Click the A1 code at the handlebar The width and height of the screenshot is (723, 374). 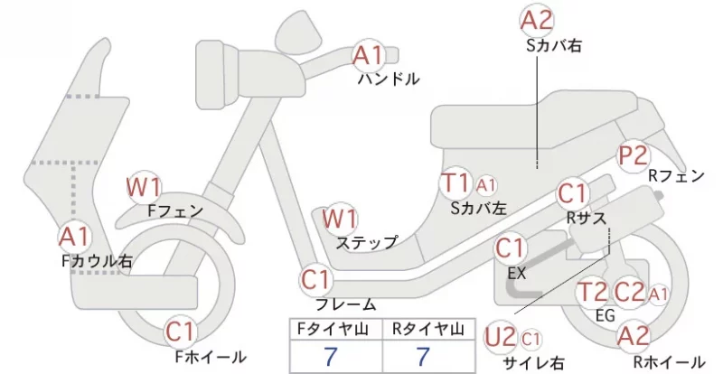pyautogui.click(x=369, y=56)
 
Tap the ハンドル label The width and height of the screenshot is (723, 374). pyautogui.click(x=390, y=79)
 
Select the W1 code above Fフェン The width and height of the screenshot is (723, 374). pyautogui.click(x=144, y=187)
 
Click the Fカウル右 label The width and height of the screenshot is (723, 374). pyautogui.click(x=98, y=261)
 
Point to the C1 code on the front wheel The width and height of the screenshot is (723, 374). pyautogui.click(x=182, y=332)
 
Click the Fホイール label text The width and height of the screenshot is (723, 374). pyautogui.click(x=211, y=357)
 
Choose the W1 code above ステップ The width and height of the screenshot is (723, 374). pyautogui.click(x=340, y=219)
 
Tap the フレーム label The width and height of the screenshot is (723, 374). pyautogui.click(x=346, y=304)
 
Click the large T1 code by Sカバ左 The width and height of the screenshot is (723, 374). pyautogui.click(x=455, y=182)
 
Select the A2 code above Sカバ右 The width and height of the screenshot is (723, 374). pyautogui.click(x=537, y=21)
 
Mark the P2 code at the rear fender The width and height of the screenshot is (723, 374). pyautogui.click(x=634, y=155)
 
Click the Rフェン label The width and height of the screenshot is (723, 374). pyautogui.click(x=676, y=175)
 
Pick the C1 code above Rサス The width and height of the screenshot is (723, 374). pyautogui.click(x=572, y=193)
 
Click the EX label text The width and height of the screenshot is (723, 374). pyautogui.click(x=516, y=274)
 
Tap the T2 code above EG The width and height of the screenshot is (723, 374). pyautogui.click(x=592, y=292)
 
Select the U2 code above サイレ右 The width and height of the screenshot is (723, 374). pyautogui.click(x=501, y=337)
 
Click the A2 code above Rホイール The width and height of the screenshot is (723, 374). pyautogui.click(x=634, y=336)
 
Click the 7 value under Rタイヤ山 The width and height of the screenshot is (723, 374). pyautogui.click(x=422, y=357)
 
